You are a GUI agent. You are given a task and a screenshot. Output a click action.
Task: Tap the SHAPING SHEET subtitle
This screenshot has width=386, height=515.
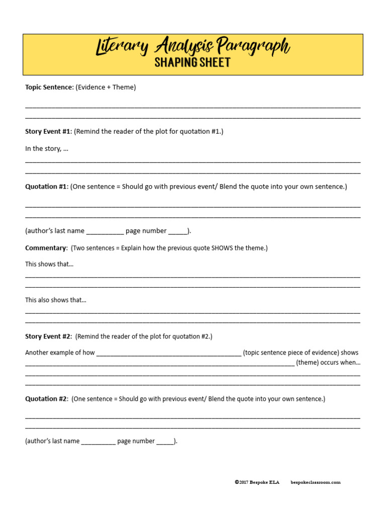[192, 63]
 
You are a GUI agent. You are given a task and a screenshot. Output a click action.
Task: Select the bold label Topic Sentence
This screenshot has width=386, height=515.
[49, 87]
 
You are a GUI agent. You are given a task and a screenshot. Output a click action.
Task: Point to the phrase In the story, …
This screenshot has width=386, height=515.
[46, 148]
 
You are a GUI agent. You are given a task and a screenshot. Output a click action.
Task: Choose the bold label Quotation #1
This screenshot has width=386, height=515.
[46, 187]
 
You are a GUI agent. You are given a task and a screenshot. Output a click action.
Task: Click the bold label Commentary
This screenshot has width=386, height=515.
[46, 248]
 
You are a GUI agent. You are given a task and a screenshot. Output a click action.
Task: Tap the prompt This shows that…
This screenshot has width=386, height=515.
[49, 264]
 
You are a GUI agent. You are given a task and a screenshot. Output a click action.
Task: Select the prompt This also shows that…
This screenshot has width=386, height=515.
[56, 300]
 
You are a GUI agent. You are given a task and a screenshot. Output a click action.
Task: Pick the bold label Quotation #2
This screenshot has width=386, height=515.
[46, 399]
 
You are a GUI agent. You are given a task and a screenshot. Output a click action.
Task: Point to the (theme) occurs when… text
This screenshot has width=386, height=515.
[328, 362]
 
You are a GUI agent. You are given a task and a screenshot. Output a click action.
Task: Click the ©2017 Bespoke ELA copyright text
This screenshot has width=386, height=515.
[257, 482]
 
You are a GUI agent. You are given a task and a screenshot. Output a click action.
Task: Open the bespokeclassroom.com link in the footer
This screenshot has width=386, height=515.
[315, 482]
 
